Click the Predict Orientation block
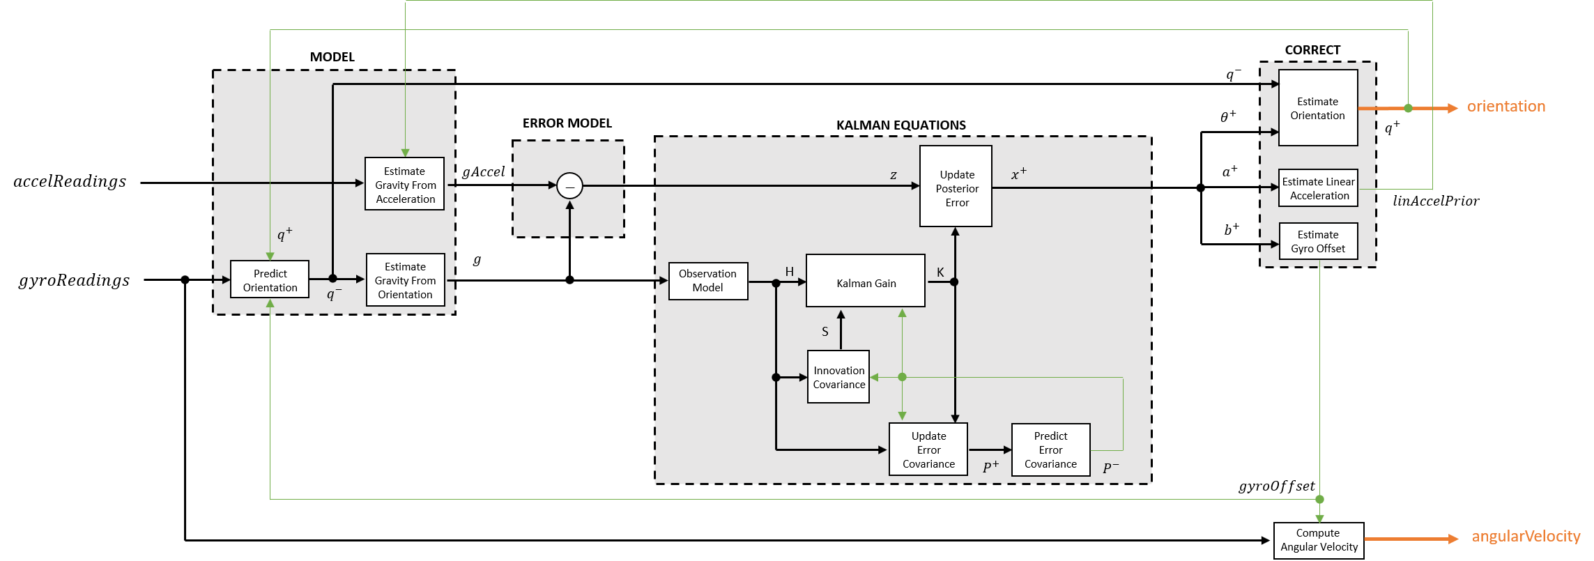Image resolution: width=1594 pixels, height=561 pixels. pyautogui.click(x=270, y=280)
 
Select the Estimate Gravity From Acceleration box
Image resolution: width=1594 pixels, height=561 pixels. pyautogui.click(x=405, y=185)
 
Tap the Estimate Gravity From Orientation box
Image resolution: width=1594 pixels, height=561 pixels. pyautogui.click(x=406, y=280)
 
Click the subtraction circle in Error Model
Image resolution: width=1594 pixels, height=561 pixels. pyautogui.click(x=569, y=186)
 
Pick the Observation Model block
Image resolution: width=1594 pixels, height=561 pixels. pyautogui.click(x=707, y=281)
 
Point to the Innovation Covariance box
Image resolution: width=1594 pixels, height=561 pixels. pyautogui.click(x=838, y=377)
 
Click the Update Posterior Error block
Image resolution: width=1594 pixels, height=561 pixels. pyautogui.click(x=956, y=187)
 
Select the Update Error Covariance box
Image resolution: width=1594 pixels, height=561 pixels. pyautogui.click(x=928, y=449)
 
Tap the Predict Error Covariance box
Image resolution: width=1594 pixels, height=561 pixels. pyautogui.click(x=1050, y=449)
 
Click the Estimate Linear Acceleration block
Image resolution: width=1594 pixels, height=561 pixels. pyautogui.click(x=1318, y=188)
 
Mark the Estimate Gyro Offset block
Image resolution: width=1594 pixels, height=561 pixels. pyautogui.click(x=1318, y=241)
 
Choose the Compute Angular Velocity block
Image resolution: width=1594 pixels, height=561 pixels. pyautogui.click(x=1319, y=540)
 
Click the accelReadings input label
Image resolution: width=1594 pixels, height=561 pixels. pyautogui.click(x=70, y=182)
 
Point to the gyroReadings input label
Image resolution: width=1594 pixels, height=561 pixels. pyautogui.click(x=74, y=280)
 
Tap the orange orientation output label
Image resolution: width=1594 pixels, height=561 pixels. pyautogui.click(x=1505, y=107)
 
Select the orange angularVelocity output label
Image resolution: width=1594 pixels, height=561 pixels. pyautogui.click(x=1526, y=537)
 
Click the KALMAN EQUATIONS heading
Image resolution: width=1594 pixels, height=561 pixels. pyautogui.click(x=901, y=125)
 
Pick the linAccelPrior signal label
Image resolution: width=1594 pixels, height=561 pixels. pyautogui.click(x=1435, y=201)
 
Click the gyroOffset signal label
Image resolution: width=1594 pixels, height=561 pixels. pyautogui.click(x=1276, y=486)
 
